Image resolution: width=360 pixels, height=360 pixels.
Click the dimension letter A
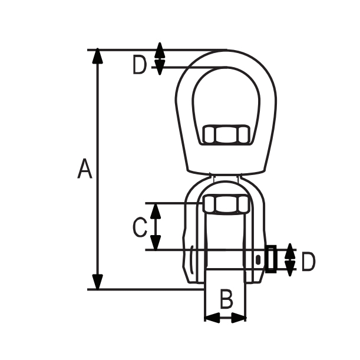(x=85, y=168)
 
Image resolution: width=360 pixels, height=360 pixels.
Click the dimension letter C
(x=140, y=227)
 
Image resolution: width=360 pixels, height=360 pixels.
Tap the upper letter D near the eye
(x=140, y=65)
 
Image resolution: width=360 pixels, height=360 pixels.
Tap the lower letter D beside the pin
(x=308, y=262)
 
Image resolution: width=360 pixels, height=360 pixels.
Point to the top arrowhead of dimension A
(x=98, y=55)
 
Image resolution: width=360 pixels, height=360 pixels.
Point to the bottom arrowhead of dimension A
(x=98, y=282)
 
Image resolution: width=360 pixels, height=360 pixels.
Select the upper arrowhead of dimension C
(x=156, y=211)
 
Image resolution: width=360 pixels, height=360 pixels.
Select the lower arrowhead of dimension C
(x=156, y=242)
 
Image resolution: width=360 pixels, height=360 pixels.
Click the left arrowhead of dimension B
(x=212, y=318)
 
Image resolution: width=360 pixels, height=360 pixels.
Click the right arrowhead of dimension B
(x=239, y=318)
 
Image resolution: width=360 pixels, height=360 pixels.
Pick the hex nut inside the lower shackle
(x=226, y=204)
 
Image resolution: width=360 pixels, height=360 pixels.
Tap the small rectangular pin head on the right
(x=271, y=259)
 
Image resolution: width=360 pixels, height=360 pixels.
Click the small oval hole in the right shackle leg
(x=258, y=259)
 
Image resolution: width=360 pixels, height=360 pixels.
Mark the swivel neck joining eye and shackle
(x=226, y=178)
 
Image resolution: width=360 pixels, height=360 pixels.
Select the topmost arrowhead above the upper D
(x=160, y=50)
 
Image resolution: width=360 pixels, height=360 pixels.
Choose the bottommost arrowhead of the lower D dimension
(x=290, y=268)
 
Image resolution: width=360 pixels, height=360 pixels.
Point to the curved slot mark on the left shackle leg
(x=191, y=259)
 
